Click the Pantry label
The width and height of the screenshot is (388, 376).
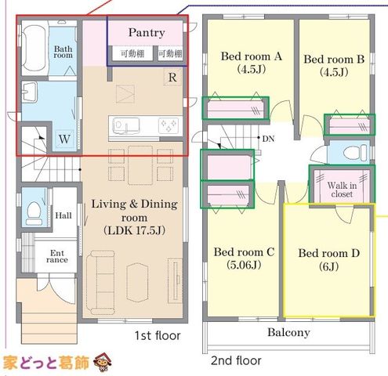(x=147, y=33)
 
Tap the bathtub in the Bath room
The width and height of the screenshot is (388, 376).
(x=34, y=50)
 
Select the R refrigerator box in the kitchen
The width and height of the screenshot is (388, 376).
(x=172, y=77)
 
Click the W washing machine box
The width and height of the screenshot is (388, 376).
(x=64, y=139)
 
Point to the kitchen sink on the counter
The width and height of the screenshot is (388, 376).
(x=125, y=126)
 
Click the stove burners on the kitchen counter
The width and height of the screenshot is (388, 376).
(x=169, y=125)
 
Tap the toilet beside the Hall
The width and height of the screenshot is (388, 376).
(x=34, y=212)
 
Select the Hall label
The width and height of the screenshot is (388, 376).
(x=63, y=215)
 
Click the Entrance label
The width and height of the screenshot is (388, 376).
(x=57, y=256)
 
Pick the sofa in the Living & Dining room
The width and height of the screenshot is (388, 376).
(x=100, y=283)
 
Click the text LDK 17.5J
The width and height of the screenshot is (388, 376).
(x=134, y=231)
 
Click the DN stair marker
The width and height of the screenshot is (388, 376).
(x=268, y=139)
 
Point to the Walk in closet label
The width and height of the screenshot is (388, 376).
(x=342, y=190)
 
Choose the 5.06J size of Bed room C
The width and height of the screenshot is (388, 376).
(x=244, y=265)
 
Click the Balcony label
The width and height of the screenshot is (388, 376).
(x=288, y=332)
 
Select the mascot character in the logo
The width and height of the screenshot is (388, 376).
(x=103, y=362)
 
